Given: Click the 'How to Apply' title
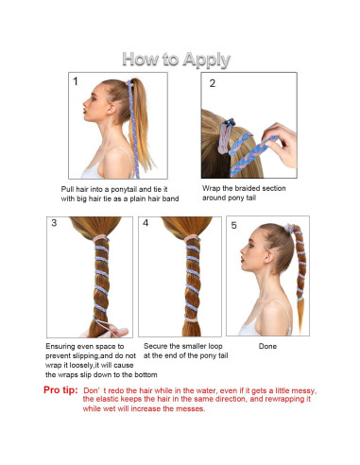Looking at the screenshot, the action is coord(176,60).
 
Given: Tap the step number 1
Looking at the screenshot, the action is coord(76,81).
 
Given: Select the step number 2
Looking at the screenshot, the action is coord(213,83).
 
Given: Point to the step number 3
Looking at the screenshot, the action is coord(54,223).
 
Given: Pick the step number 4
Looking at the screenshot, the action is coord(146,223).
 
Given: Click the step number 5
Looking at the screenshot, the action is coord(233,225).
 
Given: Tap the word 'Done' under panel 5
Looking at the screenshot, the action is coord(267,346).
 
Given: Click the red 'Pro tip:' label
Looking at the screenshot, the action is coord(60,390).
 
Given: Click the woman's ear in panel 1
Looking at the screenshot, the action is coord(111,108).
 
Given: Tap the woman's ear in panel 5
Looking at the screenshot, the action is coord(269,257).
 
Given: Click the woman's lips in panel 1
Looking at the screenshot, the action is coord(85,112).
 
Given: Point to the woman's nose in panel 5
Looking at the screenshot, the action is coord(243,250).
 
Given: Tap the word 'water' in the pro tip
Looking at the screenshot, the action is coord(206,390).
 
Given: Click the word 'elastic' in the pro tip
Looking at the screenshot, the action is coord(108,399).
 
